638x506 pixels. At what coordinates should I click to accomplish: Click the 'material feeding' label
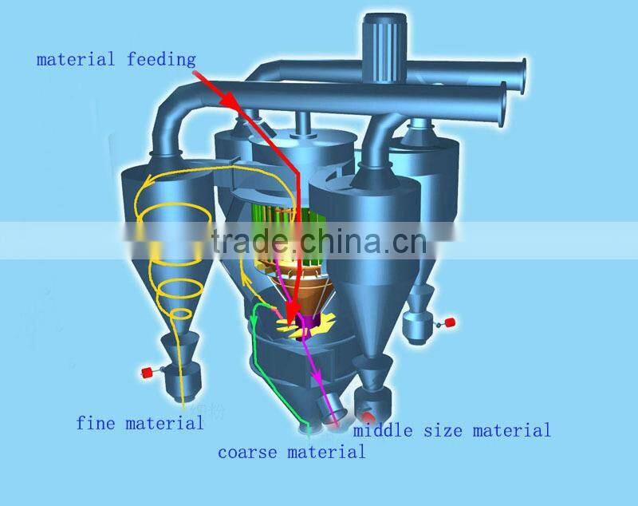pos(116,59)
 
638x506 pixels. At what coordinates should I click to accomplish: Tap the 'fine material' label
pos(140,423)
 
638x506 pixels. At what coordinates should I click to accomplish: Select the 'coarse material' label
pos(292,452)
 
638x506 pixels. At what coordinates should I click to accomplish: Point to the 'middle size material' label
pos(452,431)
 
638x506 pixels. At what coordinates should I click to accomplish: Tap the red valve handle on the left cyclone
pos(147,372)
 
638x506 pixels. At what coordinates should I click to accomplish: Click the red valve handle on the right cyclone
pos(450,322)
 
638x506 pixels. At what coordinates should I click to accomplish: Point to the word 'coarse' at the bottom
pos(246,452)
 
